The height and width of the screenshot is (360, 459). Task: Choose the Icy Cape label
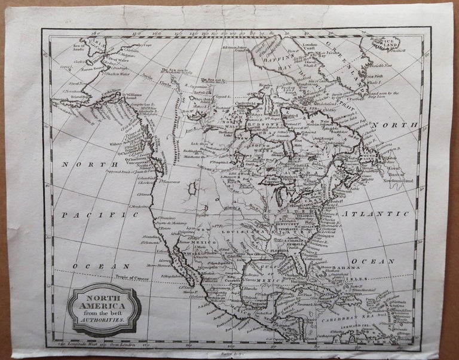(139, 44)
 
